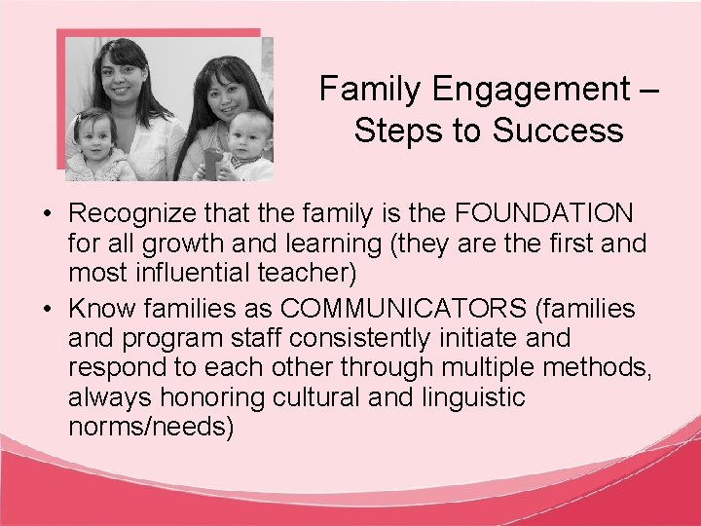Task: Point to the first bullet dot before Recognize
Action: (48, 213)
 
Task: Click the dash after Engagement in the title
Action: (648, 90)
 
